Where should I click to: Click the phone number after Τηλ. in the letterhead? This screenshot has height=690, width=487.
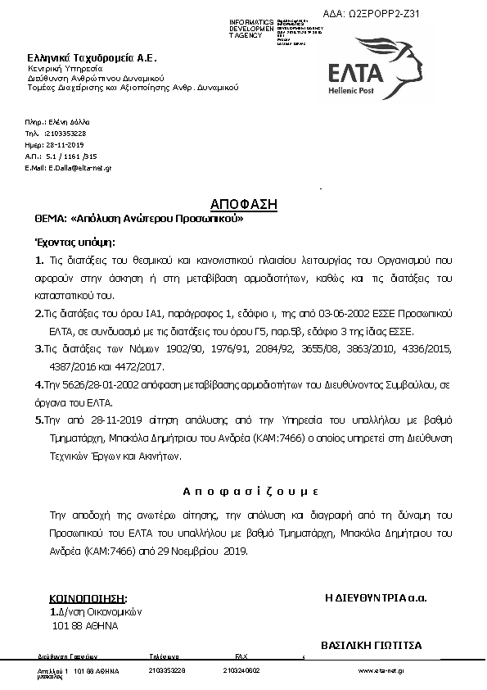click(x=65, y=133)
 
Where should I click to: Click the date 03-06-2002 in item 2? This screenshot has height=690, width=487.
click(x=340, y=315)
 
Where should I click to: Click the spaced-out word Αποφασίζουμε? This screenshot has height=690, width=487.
click(x=249, y=491)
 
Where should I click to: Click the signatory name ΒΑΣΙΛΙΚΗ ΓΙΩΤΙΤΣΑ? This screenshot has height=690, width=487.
click(x=372, y=645)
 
